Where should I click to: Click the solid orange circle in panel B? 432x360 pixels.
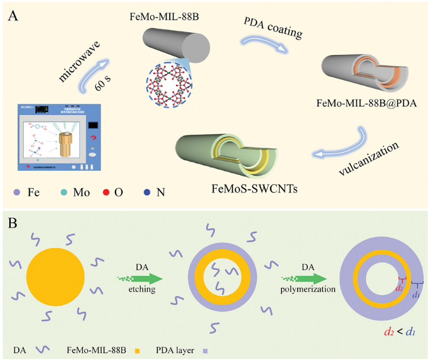[x=55, y=278]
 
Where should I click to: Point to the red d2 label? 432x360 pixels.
[x=398, y=288]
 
